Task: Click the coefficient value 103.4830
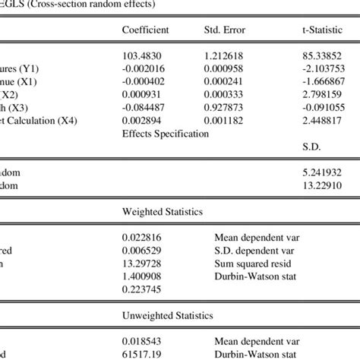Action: tap(141, 55)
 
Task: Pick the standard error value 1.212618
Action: tap(225, 55)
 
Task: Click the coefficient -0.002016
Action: tap(144, 68)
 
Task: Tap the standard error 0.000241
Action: tap(225, 81)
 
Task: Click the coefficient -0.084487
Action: tap(144, 107)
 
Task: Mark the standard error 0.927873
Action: tap(225, 107)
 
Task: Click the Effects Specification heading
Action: tap(164, 133)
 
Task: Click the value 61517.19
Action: tap(141, 353)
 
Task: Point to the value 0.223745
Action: tap(141, 289)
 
